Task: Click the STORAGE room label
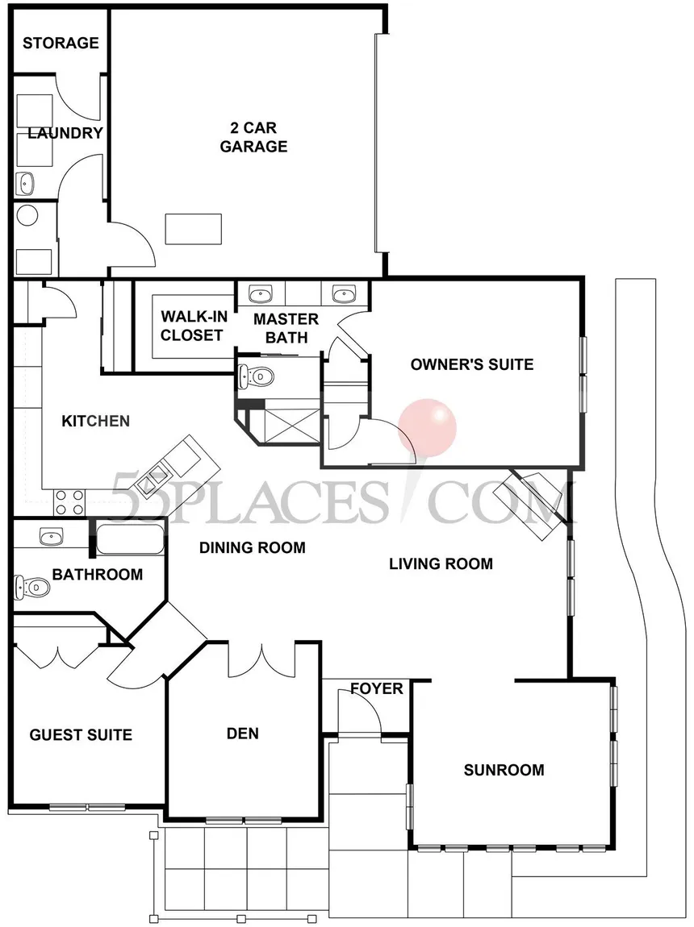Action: tap(61, 43)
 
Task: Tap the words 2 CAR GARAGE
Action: tap(253, 136)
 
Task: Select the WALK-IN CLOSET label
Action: tap(191, 326)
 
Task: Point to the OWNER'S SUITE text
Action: tap(472, 364)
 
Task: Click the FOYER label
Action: tap(376, 688)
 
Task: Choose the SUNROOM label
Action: tap(504, 770)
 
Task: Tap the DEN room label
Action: tap(242, 734)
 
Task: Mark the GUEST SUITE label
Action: tap(81, 735)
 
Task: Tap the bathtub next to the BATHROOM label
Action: tap(131, 538)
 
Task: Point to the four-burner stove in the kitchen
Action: tap(69, 502)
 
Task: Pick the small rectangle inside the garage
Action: tap(193, 228)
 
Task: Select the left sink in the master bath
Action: tap(261, 293)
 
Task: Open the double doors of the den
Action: tap(262, 659)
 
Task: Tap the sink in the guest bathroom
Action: tap(51, 535)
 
